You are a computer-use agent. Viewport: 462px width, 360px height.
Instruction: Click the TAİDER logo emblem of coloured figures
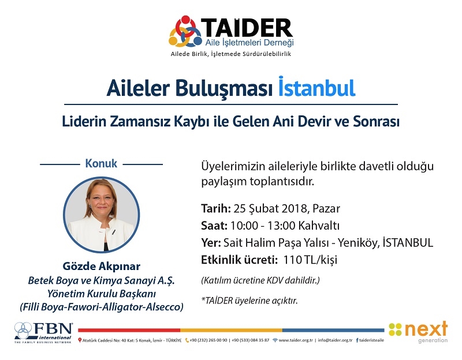185,31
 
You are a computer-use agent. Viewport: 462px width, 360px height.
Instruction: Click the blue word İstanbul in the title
316,87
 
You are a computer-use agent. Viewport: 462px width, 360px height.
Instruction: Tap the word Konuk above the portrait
101,163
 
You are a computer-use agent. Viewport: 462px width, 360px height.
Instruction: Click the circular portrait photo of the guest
102,215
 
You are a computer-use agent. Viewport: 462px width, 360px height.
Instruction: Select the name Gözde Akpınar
102,266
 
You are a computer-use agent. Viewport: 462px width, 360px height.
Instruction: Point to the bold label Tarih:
216,208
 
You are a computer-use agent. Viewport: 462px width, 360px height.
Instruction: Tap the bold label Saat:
214,226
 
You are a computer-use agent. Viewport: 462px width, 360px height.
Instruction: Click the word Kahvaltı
319,226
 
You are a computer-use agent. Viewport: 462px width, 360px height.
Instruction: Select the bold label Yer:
211,242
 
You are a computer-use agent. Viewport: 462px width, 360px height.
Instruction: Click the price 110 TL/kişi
310,260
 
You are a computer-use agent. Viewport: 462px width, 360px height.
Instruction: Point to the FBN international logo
43,332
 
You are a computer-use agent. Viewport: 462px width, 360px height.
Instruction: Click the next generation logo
418,332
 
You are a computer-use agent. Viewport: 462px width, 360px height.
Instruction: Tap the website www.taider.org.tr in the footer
296,340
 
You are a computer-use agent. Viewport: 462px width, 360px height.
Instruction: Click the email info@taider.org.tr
335,340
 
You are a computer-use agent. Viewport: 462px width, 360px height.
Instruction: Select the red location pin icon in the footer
80,340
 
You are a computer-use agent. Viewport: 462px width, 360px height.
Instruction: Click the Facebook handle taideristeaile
371,340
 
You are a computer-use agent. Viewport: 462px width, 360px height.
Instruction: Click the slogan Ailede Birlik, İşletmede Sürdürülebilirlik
230,54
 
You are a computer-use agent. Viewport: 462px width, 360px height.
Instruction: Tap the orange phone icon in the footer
187,340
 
